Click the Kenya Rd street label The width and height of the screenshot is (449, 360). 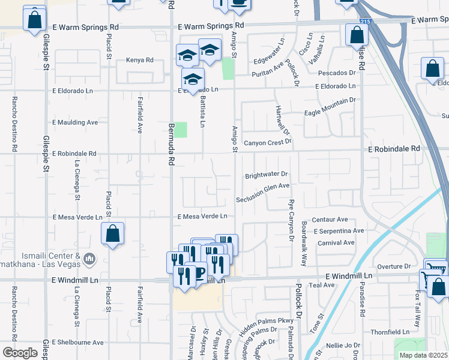pos(140,60)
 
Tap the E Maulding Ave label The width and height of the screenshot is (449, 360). pos(75,122)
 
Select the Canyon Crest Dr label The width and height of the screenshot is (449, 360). pos(267,142)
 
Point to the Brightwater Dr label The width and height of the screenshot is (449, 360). pos(267,175)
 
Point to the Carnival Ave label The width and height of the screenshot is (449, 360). pos(336,242)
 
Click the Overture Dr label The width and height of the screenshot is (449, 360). pos(394,266)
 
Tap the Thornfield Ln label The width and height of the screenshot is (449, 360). pos(390,331)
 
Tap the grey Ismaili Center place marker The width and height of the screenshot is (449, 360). pos(89,259)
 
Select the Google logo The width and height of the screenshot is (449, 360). pos(20,353)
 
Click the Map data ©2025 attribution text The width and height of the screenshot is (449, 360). pos(423,355)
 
